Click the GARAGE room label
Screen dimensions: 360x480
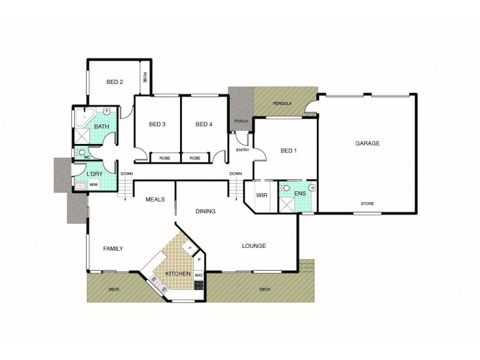pos(368,143)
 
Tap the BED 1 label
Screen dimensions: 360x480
pos(289,151)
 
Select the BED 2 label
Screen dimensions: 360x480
pos(115,82)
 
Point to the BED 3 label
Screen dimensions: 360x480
pos(157,124)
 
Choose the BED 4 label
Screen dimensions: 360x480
pos(204,124)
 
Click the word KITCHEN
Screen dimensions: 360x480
pos(178,274)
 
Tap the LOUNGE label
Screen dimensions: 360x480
pos(254,246)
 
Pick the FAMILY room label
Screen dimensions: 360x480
pos(113,248)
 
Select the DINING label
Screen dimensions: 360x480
pos(206,211)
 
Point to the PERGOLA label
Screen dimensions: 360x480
pos(281,103)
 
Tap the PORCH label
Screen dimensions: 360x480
pos(241,121)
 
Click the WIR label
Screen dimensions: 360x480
pos(262,196)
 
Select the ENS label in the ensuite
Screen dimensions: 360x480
pos(300,194)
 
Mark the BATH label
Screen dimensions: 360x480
pos(101,127)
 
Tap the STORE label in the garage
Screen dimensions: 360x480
pos(367,204)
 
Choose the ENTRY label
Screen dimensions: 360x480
pos(242,150)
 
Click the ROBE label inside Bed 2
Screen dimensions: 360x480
pos(145,78)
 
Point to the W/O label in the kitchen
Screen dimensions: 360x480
pos(199,275)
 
